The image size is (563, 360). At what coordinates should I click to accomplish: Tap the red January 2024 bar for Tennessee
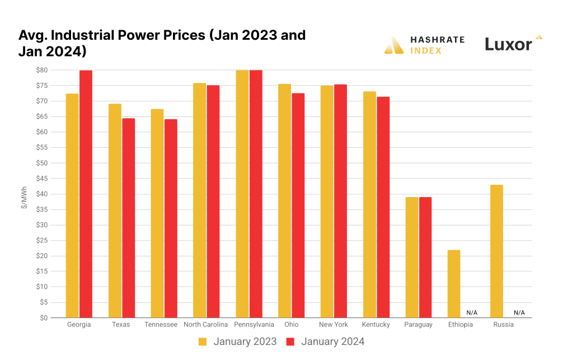click(171, 218)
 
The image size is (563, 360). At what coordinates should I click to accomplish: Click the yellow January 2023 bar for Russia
click(496, 251)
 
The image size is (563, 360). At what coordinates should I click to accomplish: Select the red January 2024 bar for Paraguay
click(425, 258)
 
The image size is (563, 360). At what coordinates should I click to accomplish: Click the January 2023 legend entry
click(237, 342)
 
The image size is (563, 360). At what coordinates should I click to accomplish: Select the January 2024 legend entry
click(325, 342)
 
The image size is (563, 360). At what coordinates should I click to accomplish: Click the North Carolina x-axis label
click(206, 325)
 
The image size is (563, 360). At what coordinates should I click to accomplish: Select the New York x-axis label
click(333, 325)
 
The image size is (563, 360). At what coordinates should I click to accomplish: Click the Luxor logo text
click(508, 45)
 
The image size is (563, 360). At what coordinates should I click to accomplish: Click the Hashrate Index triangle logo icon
click(394, 45)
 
